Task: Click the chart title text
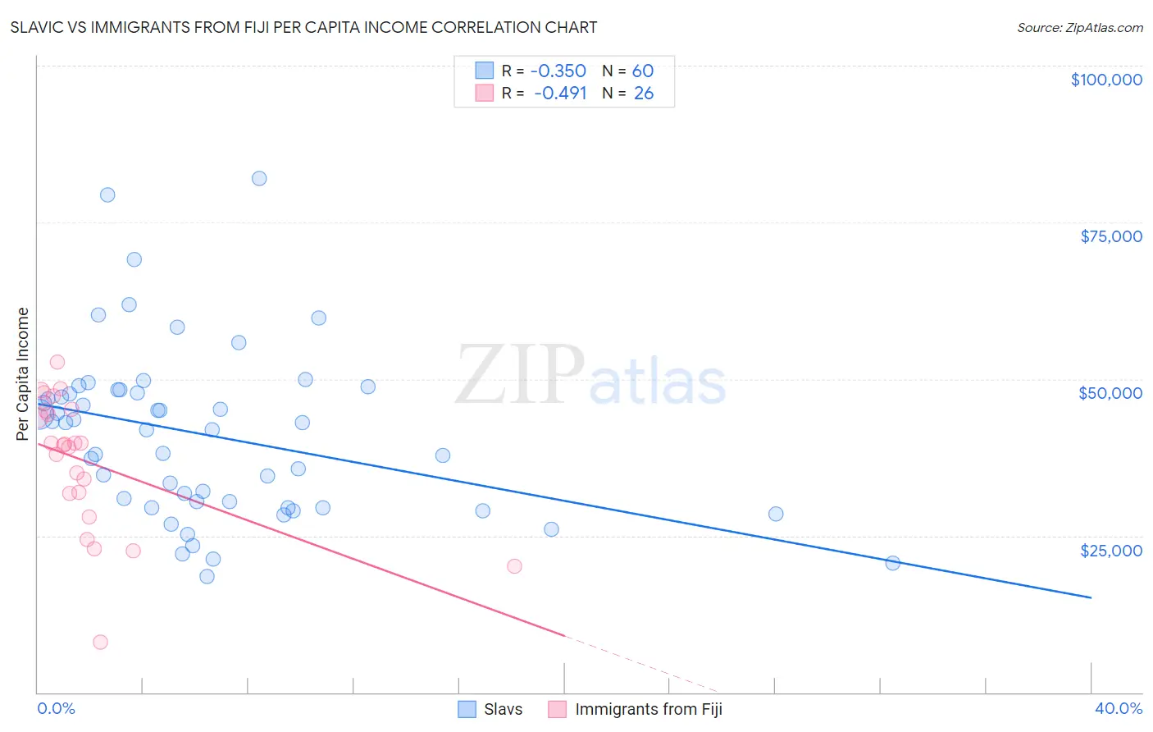point(303,27)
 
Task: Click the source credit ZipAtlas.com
point(1079,27)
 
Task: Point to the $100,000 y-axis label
point(1106,80)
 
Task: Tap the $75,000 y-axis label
point(1111,236)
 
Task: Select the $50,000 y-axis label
point(1110,393)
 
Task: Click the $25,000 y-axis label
point(1111,550)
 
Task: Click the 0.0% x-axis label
point(57,708)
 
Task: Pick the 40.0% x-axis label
point(1119,708)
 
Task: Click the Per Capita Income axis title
point(23,373)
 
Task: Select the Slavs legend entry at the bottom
point(490,709)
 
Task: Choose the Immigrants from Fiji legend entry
point(637,709)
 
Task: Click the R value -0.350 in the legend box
point(558,71)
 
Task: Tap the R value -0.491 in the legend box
point(560,93)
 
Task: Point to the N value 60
point(643,71)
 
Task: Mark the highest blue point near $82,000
point(259,178)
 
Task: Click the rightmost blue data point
point(893,563)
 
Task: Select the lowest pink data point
point(100,642)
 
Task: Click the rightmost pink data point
point(514,566)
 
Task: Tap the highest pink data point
point(57,362)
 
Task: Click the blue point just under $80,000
point(107,194)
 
